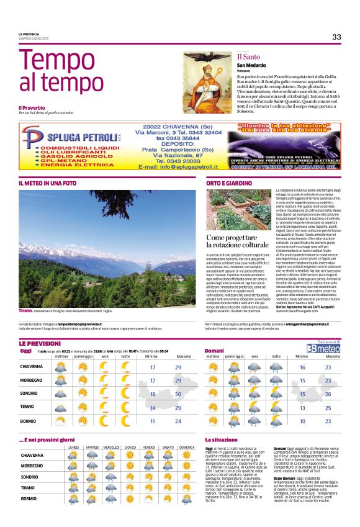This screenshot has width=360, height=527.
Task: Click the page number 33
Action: coord(336,37)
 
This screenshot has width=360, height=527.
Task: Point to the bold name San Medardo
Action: coord(253,66)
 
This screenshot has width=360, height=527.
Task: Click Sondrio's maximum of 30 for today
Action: coord(179,394)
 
